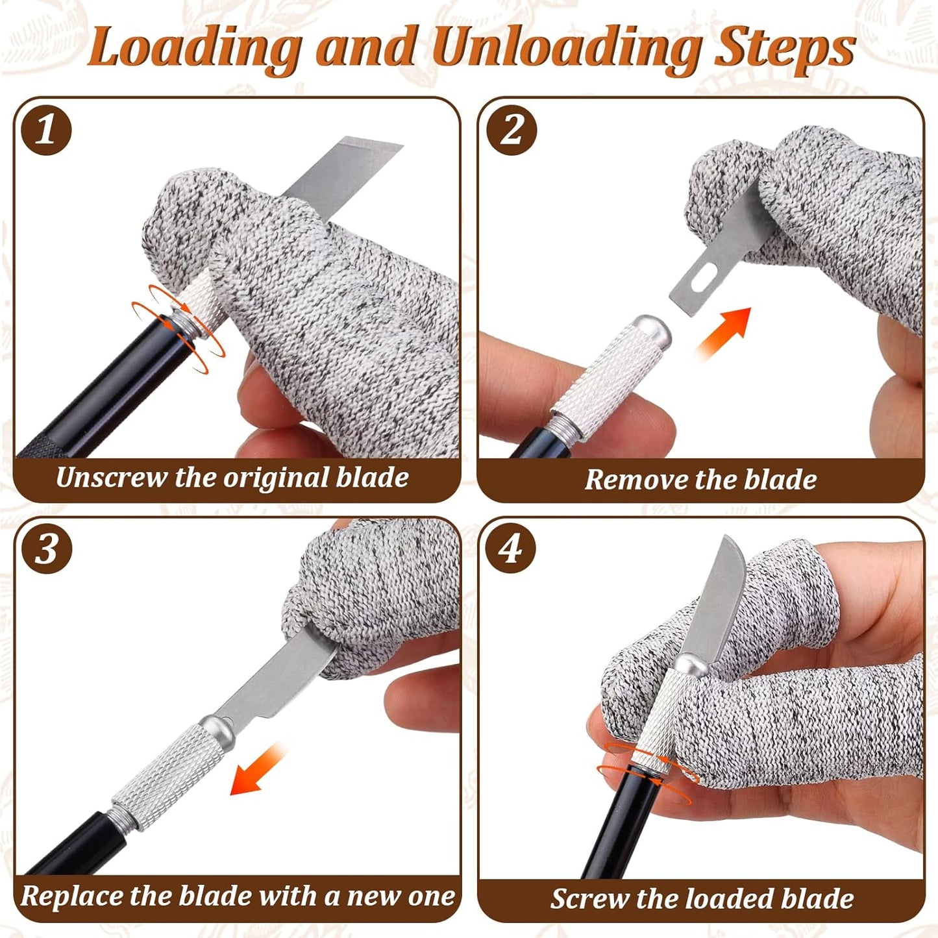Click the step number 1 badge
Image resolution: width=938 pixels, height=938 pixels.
click(x=46, y=130)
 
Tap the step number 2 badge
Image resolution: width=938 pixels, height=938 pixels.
click(x=512, y=130)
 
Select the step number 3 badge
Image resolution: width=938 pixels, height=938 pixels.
click(x=46, y=550)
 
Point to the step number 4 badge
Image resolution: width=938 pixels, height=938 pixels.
click(x=511, y=550)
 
